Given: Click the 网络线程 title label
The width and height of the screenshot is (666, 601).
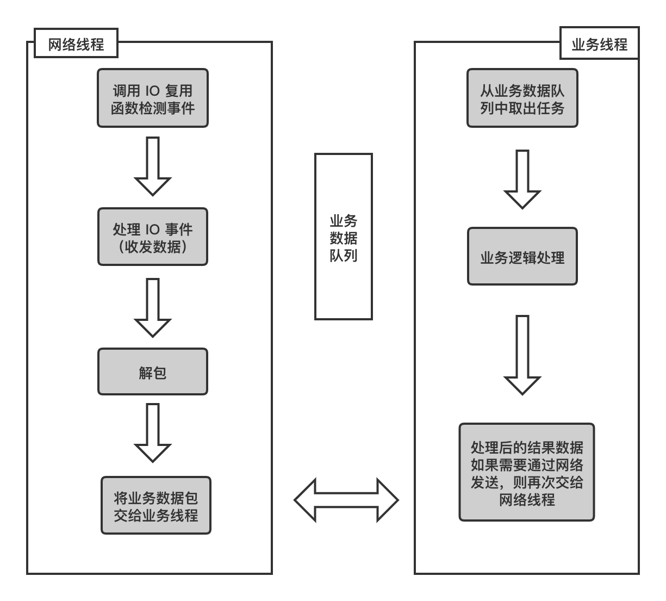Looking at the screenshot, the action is tap(76, 43).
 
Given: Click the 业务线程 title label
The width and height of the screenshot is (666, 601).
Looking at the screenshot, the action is tap(600, 43).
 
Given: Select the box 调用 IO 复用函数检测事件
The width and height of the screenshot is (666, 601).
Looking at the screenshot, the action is tap(153, 98).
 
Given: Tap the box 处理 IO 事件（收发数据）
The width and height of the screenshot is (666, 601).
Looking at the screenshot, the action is tap(153, 237).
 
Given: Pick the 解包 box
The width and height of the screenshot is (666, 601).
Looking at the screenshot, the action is tap(153, 371).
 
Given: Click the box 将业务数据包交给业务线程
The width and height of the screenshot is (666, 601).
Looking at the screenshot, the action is tap(156, 505).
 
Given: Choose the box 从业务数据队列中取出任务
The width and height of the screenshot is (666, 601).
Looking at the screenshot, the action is tap(522, 98).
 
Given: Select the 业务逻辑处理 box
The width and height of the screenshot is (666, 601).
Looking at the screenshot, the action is tap(522, 256).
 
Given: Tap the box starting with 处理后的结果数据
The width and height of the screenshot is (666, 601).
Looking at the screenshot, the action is tap(527, 472).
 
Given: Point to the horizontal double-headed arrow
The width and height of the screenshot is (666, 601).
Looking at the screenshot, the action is tap(346, 500).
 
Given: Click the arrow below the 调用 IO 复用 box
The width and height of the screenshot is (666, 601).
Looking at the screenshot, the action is tap(153, 166).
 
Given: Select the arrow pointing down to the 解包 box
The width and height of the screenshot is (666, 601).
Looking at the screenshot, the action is tap(153, 308).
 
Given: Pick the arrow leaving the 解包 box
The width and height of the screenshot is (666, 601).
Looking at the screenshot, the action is tap(153, 433).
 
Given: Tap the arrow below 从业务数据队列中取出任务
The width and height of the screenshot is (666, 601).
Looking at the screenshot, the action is tap(522, 179).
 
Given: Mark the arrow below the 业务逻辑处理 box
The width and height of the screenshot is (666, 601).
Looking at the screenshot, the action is tap(522, 355).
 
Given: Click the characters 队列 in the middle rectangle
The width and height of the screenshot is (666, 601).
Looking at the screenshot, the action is tap(344, 256).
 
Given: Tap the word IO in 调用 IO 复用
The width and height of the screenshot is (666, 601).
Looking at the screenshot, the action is tap(153, 91).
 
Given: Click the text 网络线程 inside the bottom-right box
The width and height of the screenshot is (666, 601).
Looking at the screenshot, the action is tap(527, 500).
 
